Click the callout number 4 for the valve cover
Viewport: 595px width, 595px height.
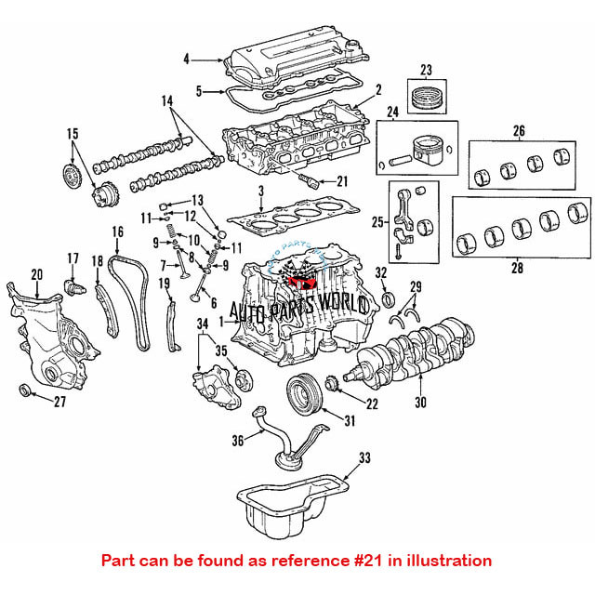tap(186, 59)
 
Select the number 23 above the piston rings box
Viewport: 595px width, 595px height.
tap(427, 70)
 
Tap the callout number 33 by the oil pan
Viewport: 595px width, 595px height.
tap(364, 457)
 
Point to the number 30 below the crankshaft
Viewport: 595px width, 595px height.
tap(420, 403)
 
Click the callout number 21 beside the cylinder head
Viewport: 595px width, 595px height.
tap(342, 180)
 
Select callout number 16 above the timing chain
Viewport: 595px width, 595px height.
tap(117, 231)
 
